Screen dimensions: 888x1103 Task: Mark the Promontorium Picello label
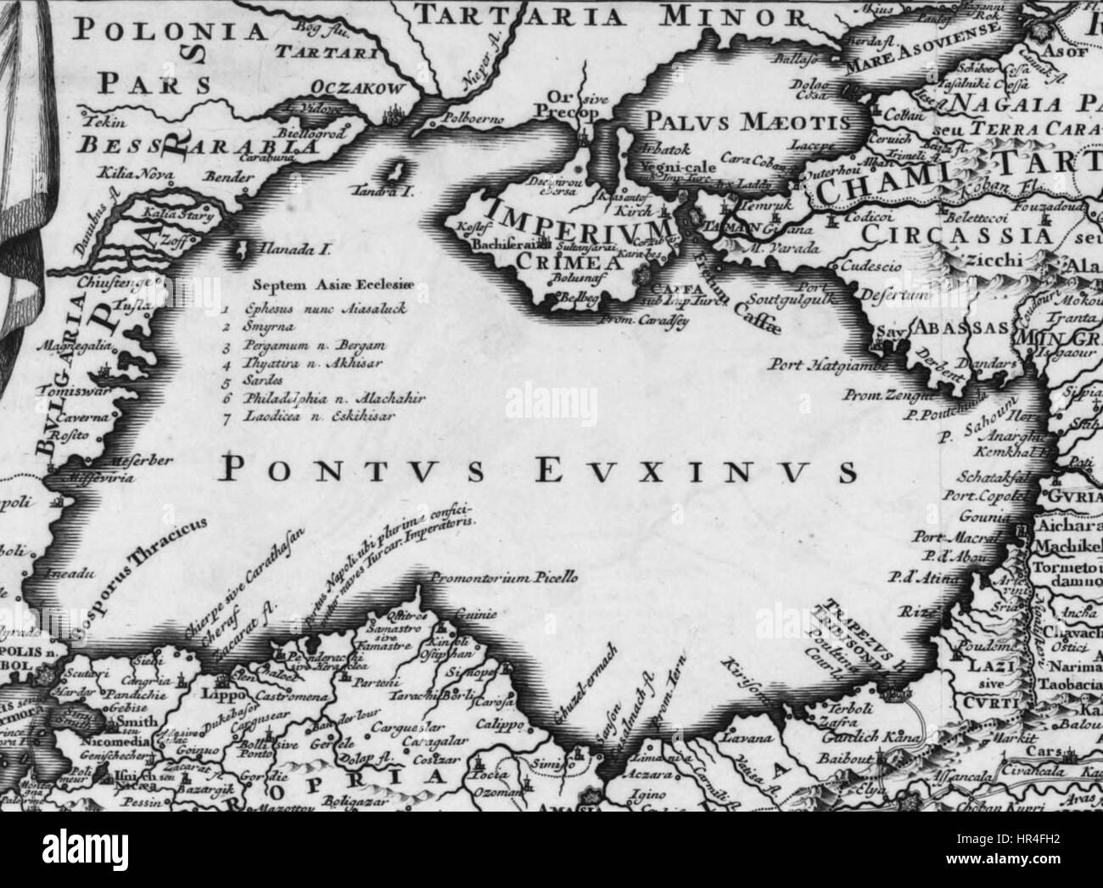click(504, 577)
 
